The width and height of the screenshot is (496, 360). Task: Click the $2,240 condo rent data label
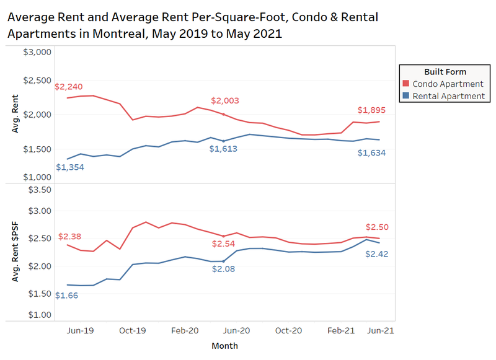69,87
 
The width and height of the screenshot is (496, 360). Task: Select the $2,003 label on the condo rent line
224,101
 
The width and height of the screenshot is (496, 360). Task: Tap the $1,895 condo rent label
372,110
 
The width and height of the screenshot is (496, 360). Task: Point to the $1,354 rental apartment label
69,167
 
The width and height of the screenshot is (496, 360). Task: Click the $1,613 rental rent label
223,149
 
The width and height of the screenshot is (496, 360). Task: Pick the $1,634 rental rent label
372,152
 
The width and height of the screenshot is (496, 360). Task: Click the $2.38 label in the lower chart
70,237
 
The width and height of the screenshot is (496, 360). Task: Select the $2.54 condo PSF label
223,243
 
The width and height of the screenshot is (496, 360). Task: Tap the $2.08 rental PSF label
224,269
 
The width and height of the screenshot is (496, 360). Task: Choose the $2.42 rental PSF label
376,254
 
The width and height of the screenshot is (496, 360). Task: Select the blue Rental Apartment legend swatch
405,96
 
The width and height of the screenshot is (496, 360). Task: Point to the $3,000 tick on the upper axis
37,52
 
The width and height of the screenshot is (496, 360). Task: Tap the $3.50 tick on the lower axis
38,190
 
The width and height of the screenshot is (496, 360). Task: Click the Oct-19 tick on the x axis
132,331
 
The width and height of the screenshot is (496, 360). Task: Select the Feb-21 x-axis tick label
342,331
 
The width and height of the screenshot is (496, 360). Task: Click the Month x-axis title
224,346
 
